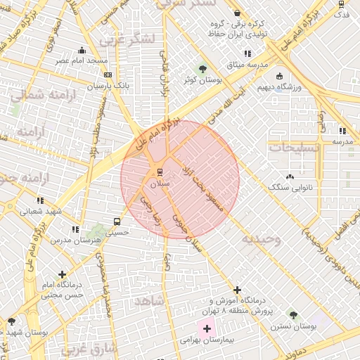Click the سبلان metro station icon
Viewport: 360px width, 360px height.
coord(160,172)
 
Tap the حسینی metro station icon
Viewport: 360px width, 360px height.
coord(117,220)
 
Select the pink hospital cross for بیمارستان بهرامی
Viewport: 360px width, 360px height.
coord(207,328)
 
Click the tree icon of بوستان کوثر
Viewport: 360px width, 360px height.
coord(202,70)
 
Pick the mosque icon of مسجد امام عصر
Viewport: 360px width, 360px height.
coord(82,51)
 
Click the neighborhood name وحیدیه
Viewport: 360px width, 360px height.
coord(261,239)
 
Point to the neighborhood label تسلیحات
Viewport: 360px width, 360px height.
coord(294,148)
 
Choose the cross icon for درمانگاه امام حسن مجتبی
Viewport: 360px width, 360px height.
coord(63,274)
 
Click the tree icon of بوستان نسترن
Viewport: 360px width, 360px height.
coord(292,315)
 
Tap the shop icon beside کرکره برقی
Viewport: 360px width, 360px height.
coord(237,13)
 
